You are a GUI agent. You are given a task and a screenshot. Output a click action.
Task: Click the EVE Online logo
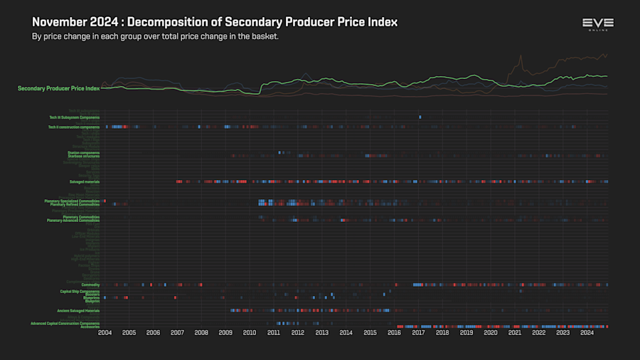[x=597, y=25]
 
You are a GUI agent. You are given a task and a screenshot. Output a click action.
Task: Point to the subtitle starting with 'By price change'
[x=154, y=36]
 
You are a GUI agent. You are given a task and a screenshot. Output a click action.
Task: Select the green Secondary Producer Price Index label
[x=58, y=88]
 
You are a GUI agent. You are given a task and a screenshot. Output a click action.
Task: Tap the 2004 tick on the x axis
[x=105, y=332]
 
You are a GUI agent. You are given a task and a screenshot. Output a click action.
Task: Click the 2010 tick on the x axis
[x=250, y=332]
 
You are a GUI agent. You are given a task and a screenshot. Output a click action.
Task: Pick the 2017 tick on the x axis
[x=418, y=332]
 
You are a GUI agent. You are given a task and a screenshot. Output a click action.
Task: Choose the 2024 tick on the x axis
[x=587, y=332]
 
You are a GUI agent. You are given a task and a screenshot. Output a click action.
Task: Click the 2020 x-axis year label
[x=491, y=332]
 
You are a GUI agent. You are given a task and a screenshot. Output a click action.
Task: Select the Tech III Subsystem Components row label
[x=74, y=117]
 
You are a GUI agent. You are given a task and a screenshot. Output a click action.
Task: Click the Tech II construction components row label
[x=74, y=127]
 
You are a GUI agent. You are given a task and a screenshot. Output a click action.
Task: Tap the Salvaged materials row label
[x=84, y=181]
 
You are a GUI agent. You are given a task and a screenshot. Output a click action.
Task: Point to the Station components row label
[x=85, y=152]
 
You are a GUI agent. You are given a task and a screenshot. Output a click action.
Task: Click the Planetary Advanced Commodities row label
[x=73, y=221]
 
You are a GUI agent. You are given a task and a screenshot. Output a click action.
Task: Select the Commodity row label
[x=90, y=285]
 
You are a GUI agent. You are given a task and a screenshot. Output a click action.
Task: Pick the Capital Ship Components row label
[x=80, y=291]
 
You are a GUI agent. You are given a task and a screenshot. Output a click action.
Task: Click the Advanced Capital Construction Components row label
[x=65, y=323]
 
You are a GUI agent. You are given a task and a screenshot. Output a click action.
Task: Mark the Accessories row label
[x=90, y=327]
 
